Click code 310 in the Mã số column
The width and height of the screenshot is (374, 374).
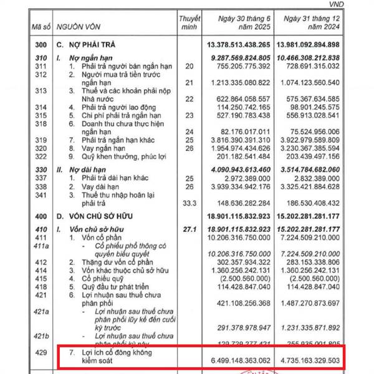(x=40, y=57)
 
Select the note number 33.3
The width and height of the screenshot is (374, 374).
(x=189, y=202)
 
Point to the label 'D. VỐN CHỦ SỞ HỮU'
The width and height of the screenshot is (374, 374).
(x=100, y=215)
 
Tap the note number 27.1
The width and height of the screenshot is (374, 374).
(x=189, y=229)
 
